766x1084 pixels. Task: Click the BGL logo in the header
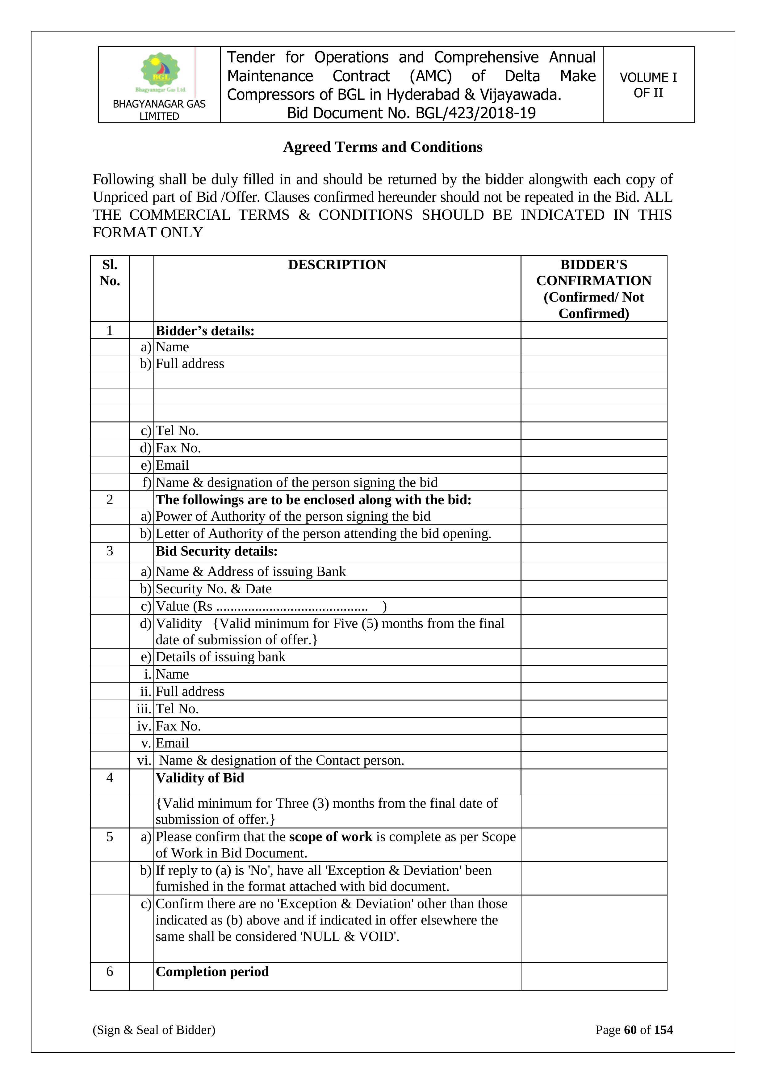[160, 72]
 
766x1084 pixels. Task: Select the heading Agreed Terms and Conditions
[383, 147]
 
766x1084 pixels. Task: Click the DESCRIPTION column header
[337, 265]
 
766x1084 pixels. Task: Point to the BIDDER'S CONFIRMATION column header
[593, 289]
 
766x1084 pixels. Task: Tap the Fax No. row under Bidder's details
[178, 447]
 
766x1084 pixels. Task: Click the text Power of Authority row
[292, 516]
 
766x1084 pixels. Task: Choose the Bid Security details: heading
[216, 551]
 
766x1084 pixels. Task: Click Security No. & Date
[213, 589]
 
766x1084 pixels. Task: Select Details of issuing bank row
[220, 657]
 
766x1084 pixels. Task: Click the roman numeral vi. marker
[144, 760]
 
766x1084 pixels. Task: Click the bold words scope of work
[331, 836]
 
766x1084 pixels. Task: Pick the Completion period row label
[212, 972]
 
